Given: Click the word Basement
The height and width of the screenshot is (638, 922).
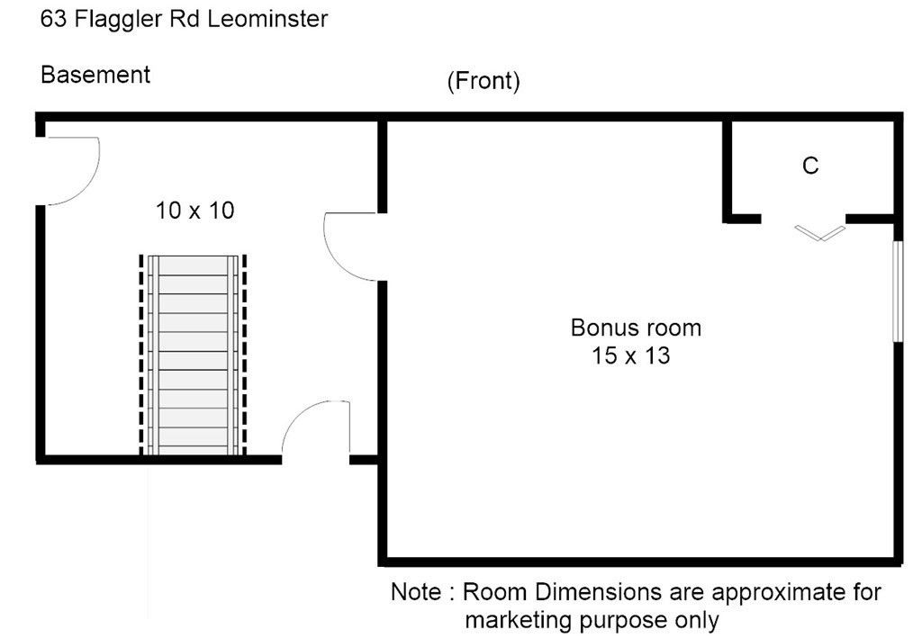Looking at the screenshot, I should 95,75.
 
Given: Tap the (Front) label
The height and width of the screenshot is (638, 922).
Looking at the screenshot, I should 484,82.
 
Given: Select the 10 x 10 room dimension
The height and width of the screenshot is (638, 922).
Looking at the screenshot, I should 195,211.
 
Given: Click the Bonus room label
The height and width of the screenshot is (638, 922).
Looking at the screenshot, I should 636,328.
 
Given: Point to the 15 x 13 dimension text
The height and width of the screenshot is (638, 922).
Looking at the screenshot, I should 630,355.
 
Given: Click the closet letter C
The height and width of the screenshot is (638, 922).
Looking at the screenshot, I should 810,166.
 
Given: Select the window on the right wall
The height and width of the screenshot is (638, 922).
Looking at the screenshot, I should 897,290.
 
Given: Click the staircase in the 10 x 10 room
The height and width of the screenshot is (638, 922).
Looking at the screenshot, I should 193,355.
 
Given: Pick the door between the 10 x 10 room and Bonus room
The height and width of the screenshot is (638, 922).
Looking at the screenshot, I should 348,246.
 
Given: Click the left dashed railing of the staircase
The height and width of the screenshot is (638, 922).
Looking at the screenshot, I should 141,355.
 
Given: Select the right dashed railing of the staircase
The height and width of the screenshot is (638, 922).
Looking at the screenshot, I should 244,355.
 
